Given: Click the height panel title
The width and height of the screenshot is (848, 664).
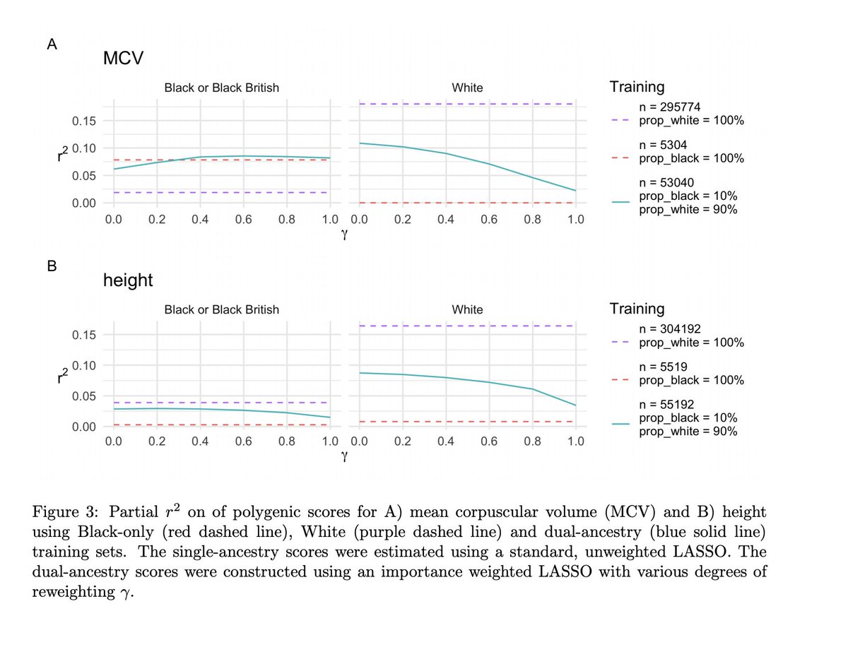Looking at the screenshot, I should click(128, 280).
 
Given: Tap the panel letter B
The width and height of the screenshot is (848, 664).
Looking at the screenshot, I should click(51, 267).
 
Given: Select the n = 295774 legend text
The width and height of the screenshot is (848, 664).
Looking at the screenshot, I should click(676, 107).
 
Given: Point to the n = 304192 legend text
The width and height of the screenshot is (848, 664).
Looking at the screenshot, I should click(676, 329).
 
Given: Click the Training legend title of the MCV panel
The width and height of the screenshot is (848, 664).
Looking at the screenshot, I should click(637, 87).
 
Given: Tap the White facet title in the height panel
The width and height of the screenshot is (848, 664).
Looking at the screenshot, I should click(467, 309).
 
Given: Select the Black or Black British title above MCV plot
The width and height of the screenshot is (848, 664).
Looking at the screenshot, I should click(221, 88).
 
